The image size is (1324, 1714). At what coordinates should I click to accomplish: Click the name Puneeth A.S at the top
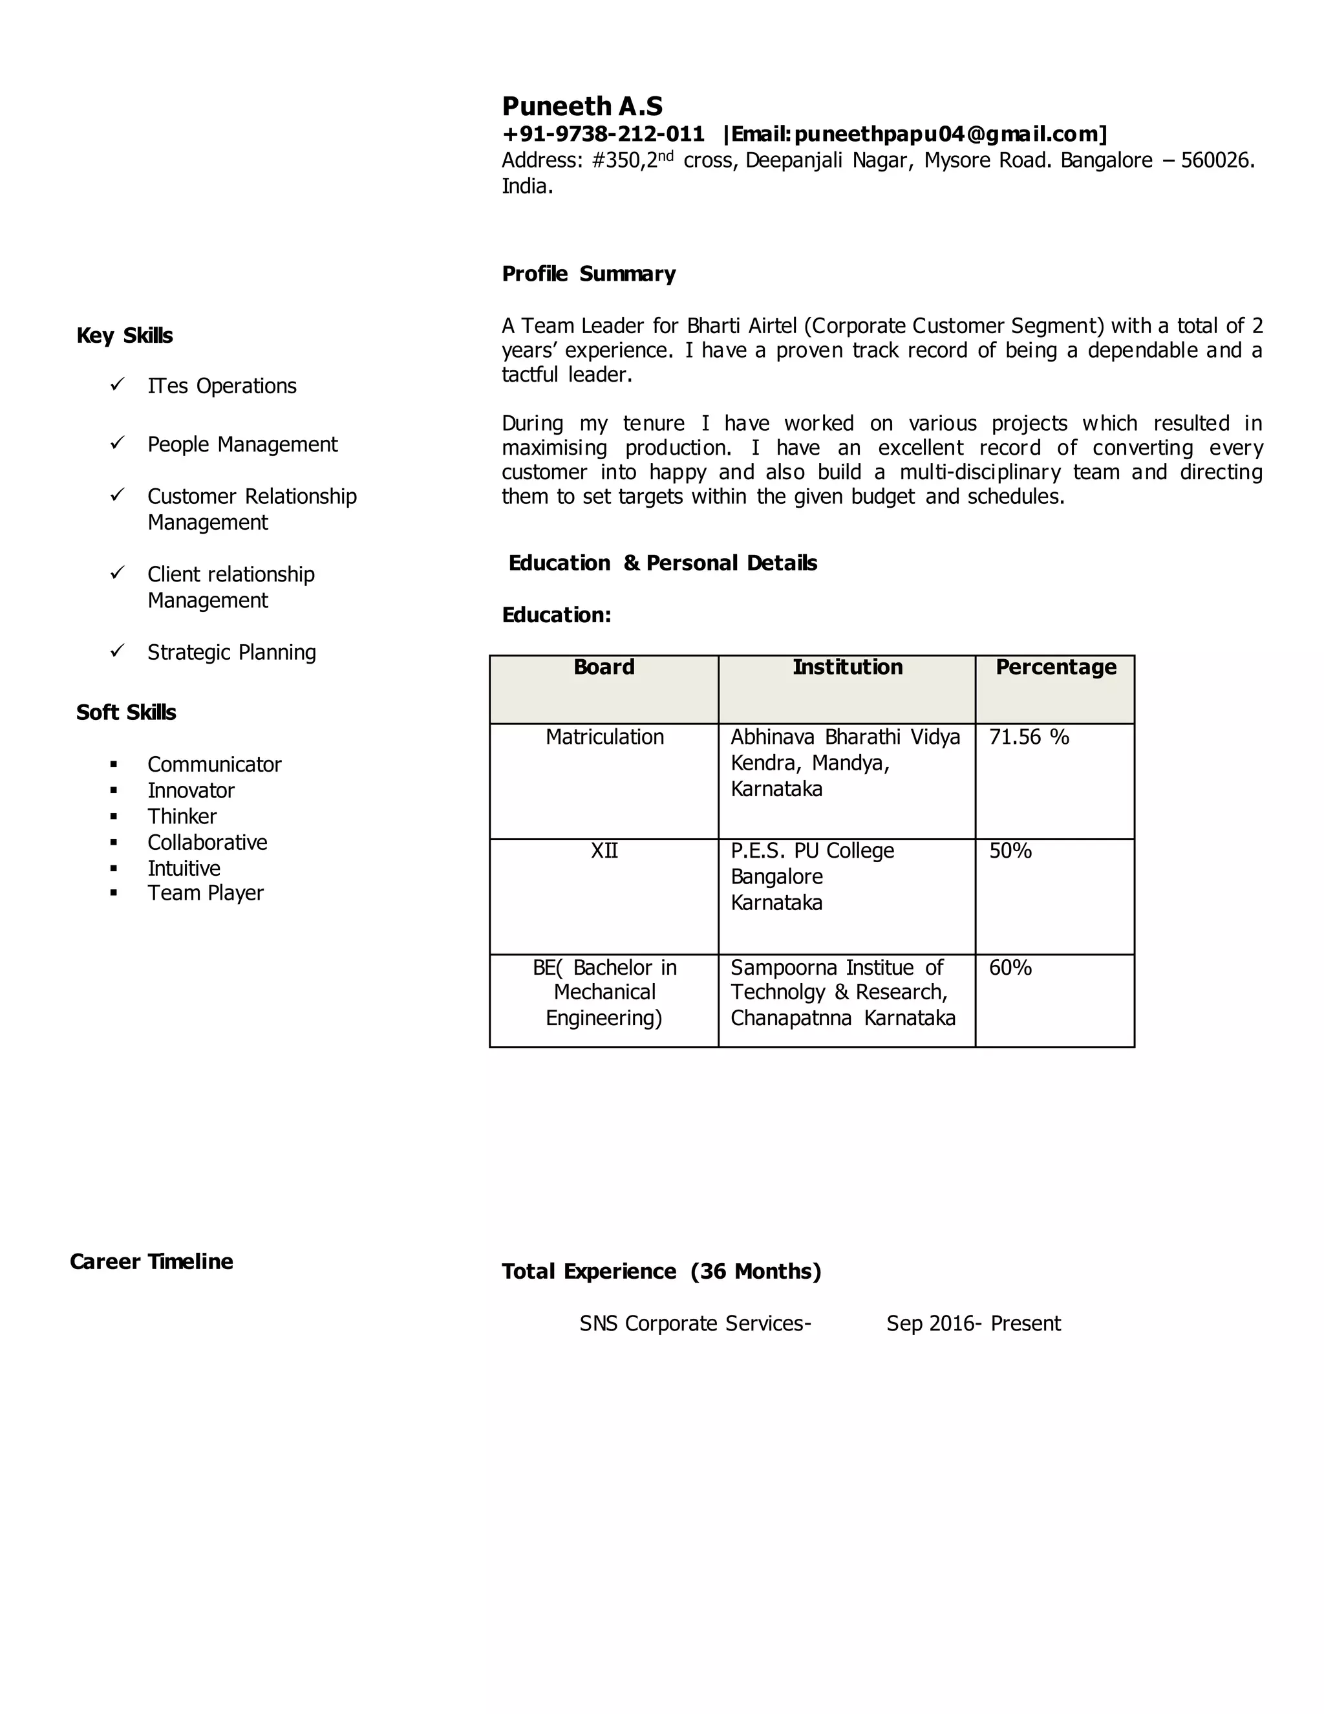[582, 106]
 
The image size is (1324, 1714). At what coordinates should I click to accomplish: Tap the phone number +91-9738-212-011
[603, 134]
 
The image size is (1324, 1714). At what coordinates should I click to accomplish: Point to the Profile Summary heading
[588, 274]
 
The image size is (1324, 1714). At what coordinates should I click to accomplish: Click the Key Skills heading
[125, 336]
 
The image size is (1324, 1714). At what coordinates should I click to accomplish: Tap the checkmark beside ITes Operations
[118, 385]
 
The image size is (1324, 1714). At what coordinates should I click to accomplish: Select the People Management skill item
[242, 444]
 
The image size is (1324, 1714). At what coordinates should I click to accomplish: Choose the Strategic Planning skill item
[231, 652]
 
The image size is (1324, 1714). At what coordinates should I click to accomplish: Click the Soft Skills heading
[126, 713]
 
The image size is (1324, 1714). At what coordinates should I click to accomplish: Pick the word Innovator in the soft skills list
[191, 790]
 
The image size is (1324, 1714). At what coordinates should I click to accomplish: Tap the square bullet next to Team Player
[114, 893]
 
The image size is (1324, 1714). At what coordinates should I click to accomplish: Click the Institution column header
[847, 667]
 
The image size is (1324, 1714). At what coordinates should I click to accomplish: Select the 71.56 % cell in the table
[1029, 737]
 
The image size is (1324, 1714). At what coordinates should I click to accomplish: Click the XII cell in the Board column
[604, 851]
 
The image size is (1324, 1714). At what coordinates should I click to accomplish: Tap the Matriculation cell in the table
[604, 737]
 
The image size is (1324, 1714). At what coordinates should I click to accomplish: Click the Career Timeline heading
[151, 1262]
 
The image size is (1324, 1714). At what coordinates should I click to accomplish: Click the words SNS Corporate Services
[694, 1324]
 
